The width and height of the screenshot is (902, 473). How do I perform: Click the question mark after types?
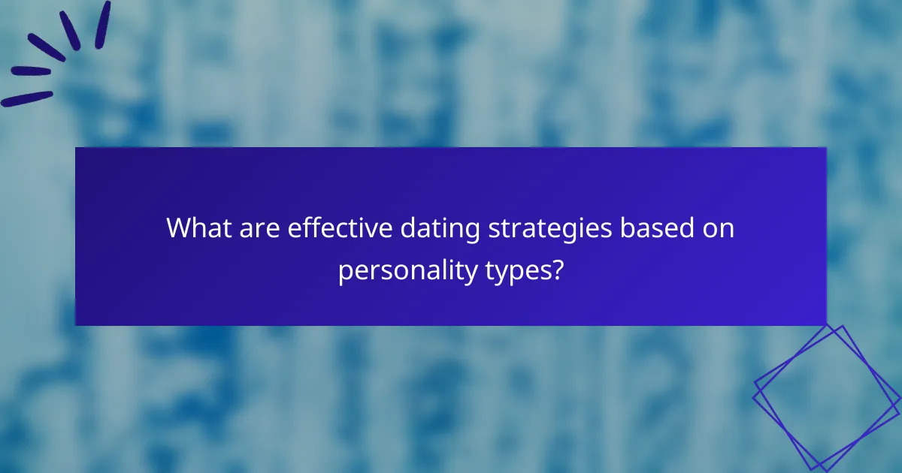(556, 269)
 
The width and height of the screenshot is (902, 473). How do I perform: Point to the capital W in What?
(179, 227)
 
